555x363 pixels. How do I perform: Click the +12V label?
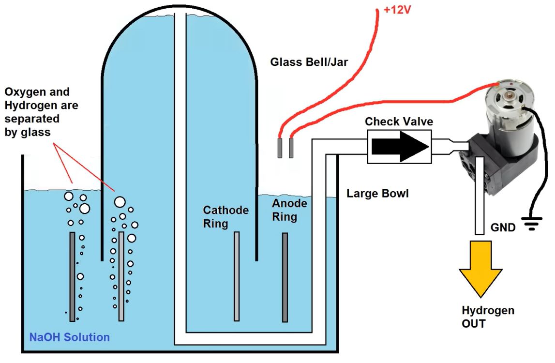398,9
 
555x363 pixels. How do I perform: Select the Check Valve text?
399,121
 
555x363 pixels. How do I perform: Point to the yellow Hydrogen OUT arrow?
480,269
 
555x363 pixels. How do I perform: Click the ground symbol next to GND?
532,224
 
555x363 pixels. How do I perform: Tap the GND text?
503,227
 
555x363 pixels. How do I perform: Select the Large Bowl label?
377,194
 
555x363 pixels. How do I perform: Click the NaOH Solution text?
70,337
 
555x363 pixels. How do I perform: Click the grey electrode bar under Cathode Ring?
237,276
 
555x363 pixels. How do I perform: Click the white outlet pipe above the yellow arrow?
480,203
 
